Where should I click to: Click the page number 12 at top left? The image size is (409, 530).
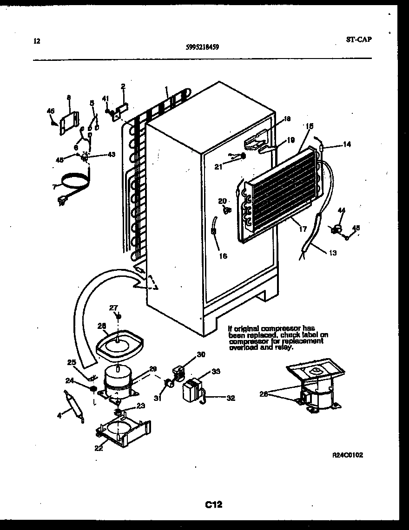[37, 41]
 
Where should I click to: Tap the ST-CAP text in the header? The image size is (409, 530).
[359, 39]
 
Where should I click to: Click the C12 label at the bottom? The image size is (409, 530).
[214, 504]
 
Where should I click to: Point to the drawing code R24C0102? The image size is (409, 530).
[347, 455]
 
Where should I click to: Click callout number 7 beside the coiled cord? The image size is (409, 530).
[54, 187]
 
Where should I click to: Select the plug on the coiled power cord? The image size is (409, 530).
[60, 201]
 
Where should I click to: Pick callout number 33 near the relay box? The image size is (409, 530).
[216, 371]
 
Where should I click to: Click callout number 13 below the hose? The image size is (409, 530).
[332, 253]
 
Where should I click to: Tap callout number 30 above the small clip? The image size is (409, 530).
[201, 355]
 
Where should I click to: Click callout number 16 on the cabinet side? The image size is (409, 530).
[223, 256]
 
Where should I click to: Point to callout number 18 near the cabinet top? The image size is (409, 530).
[287, 119]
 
